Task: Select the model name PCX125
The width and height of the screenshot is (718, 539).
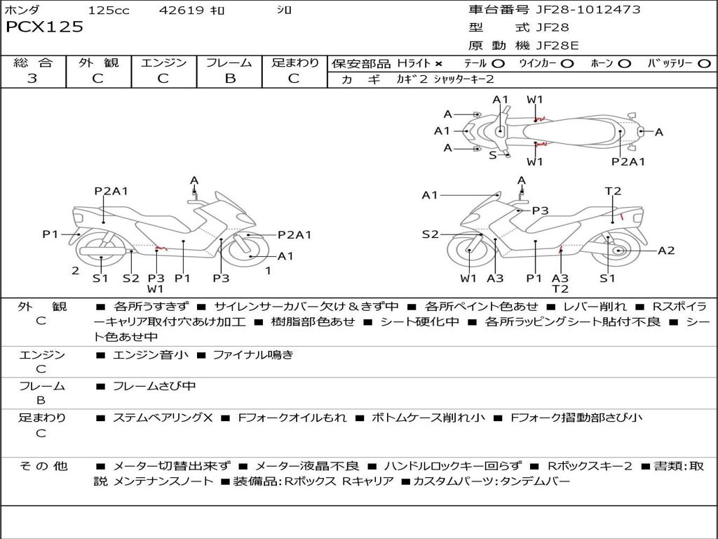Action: coord(44,27)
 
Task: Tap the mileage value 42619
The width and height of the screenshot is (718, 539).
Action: coord(182,11)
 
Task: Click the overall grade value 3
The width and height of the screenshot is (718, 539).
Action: coord(32,79)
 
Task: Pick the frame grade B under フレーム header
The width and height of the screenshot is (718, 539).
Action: coord(229,79)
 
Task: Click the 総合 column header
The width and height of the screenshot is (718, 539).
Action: coord(33,63)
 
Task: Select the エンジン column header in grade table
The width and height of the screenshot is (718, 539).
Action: coord(163,63)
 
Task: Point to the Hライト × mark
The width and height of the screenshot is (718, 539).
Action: coord(438,64)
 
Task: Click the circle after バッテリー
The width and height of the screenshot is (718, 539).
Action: coord(704,64)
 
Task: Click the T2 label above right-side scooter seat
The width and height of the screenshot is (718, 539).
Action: coord(613,191)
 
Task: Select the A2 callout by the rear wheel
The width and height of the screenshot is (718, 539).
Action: coord(666,251)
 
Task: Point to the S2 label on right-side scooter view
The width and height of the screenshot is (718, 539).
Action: coord(430,234)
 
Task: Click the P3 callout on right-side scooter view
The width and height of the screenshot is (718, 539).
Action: coord(539,210)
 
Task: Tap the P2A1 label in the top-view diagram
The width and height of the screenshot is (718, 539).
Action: coord(628,162)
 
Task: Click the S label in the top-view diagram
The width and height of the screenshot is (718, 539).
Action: coord(492,155)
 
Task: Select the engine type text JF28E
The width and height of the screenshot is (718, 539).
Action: coord(557,46)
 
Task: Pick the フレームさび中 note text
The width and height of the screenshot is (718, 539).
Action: coord(154,386)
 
